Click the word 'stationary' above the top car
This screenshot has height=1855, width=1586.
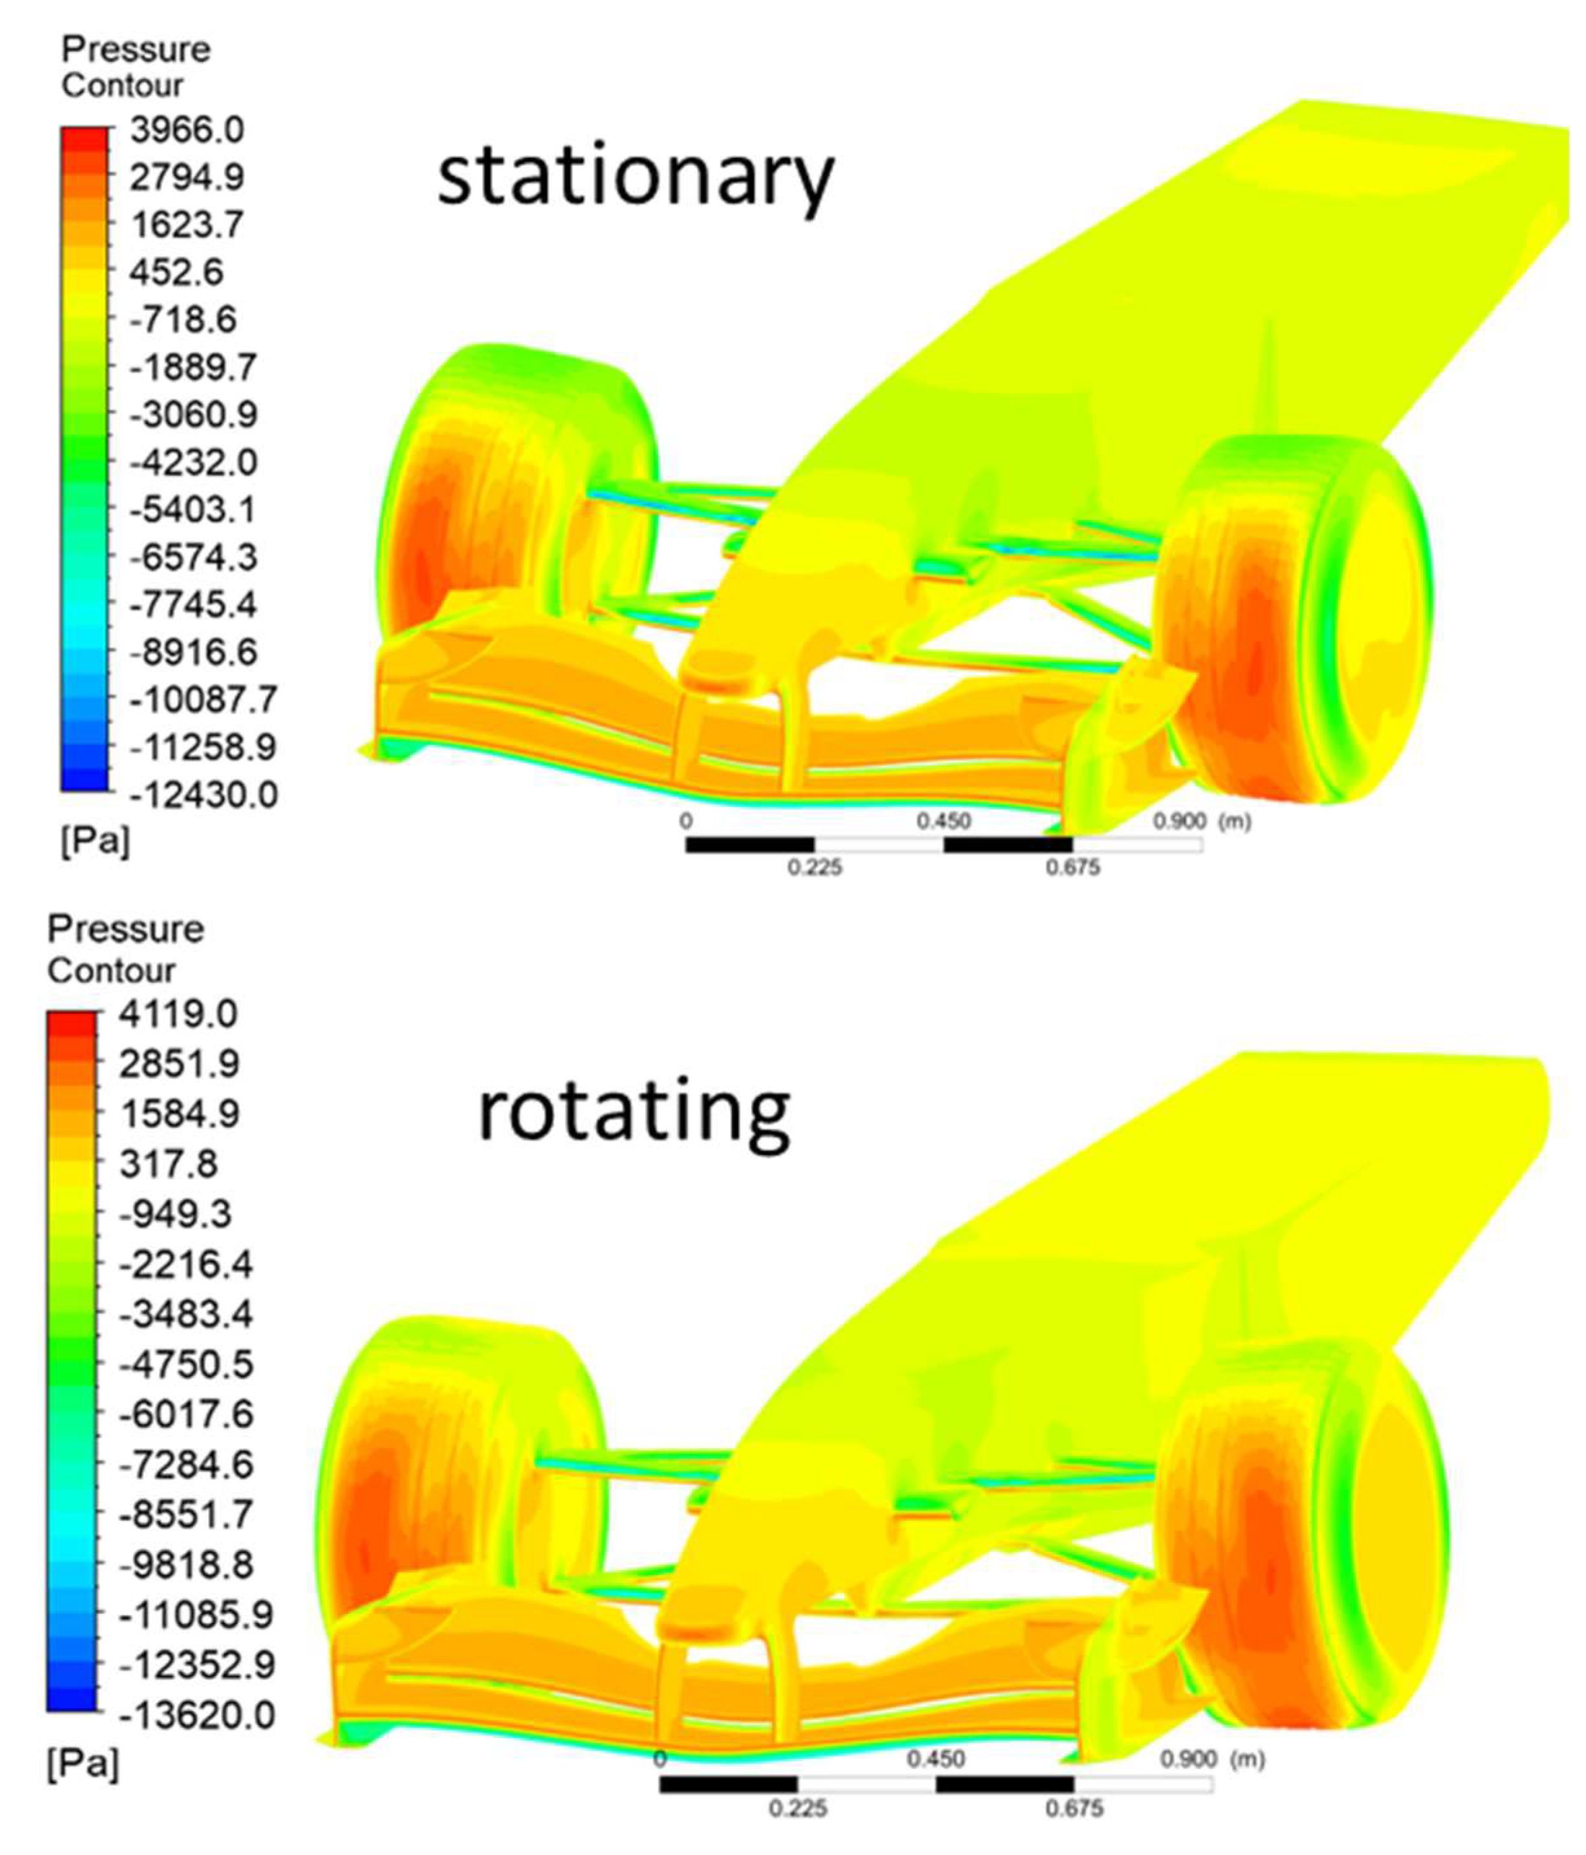point(636,179)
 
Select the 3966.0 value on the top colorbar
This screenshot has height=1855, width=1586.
point(186,130)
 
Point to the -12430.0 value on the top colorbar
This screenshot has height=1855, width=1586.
point(203,794)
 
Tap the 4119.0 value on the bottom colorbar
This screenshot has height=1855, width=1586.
point(178,1014)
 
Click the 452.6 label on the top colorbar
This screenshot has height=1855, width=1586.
point(176,272)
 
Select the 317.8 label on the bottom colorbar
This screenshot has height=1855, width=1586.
point(168,1165)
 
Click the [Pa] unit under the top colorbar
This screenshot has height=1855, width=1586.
point(96,842)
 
